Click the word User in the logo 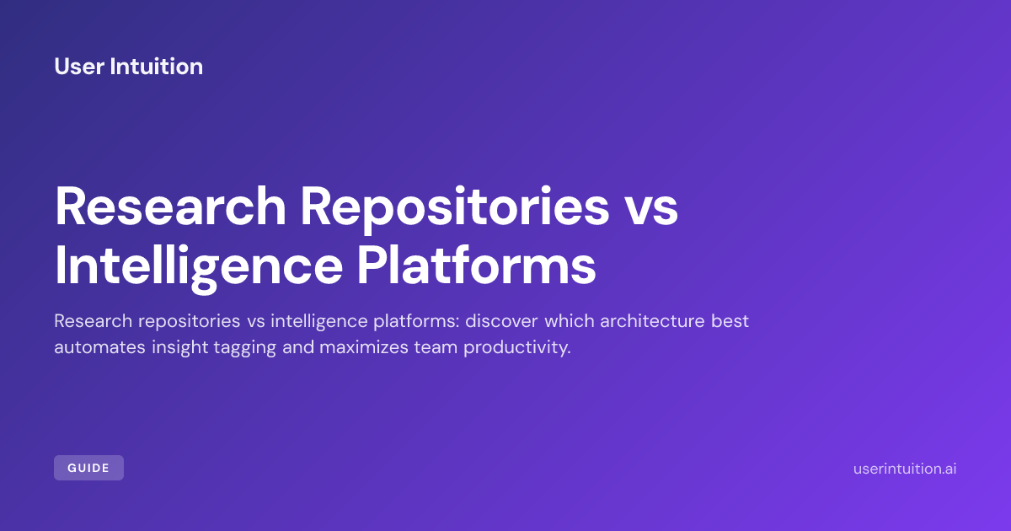pyautogui.click(x=79, y=67)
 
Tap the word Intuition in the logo pyautogui.click(x=156, y=67)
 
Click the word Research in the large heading pyautogui.click(x=170, y=206)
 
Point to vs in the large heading pyautogui.click(x=650, y=212)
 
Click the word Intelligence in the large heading pyautogui.click(x=199, y=266)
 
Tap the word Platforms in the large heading pyautogui.click(x=477, y=265)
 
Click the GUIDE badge pyautogui.click(x=89, y=468)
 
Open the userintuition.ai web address pyautogui.click(x=905, y=469)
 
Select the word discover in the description pyautogui.click(x=501, y=321)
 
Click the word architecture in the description pyautogui.click(x=652, y=321)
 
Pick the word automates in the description pyautogui.click(x=99, y=347)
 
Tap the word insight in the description pyautogui.click(x=179, y=348)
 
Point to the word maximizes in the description pyautogui.click(x=363, y=347)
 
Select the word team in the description pyautogui.click(x=436, y=347)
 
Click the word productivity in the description pyautogui.click(x=517, y=348)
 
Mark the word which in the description pyautogui.click(x=570, y=321)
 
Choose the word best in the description pyautogui.click(x=730, y=321)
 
